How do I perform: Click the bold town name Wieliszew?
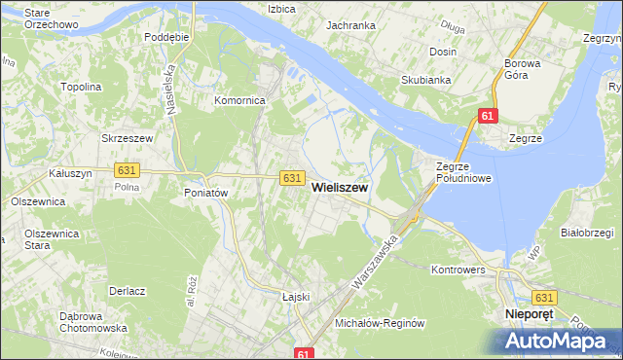tap(339, 193)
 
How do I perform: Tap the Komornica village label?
tap(239, 100)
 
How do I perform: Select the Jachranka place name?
tap(351, 25)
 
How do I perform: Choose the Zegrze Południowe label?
tap(463, 172)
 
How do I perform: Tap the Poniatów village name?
tap(205, 193)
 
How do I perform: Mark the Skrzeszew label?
tap(128, 139)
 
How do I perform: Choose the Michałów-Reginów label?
tap(380, 322)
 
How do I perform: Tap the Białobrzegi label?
tap(586, 234)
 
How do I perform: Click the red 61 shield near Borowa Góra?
tap(488, 117)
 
